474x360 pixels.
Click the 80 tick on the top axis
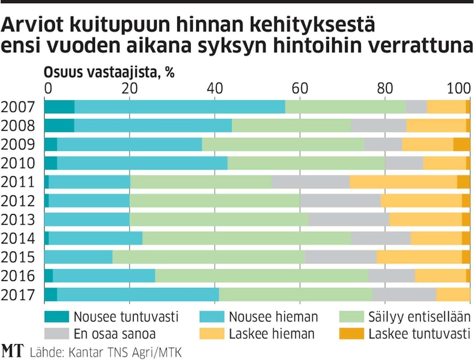tap(384, 87)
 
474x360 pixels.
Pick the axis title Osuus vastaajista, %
tap(109, 72)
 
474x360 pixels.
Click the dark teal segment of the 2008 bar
tap(59, 126)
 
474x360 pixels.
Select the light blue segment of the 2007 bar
tap(179, 107)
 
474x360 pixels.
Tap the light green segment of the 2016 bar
tap(261, 276)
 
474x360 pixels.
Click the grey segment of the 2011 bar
tap(311, 182)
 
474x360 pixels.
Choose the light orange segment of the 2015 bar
tap(419, 257)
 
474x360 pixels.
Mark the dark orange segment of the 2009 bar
tap(461, 145)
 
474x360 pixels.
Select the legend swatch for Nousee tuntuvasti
tap(56, 317)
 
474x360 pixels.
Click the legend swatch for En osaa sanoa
tap(56, 334)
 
